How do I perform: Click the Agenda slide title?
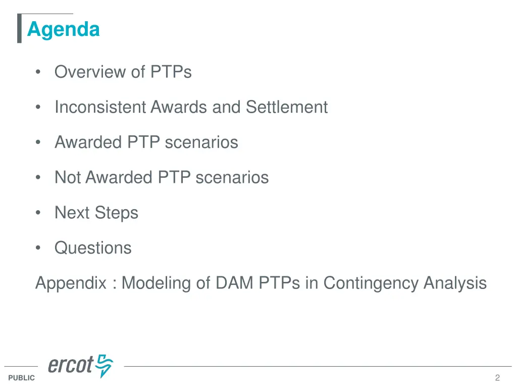click(x=63, y=29)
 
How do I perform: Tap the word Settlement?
click(x=287, y=107)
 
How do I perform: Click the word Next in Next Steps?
click(x=71, y=213)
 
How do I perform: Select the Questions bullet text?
click(x=93, y=248)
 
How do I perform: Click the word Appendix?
click(x=71, y=283)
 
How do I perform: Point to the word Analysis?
click(x=455, y=283)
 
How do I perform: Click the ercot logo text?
click(x=71, y=365)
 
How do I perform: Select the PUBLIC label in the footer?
click(x=22, y=378)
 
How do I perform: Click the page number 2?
click(x=497, y=378)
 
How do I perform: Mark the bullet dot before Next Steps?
click(x=38, y=213)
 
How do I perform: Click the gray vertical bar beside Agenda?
click(x=19, y=29)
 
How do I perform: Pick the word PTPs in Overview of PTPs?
click(x=171, y=72)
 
